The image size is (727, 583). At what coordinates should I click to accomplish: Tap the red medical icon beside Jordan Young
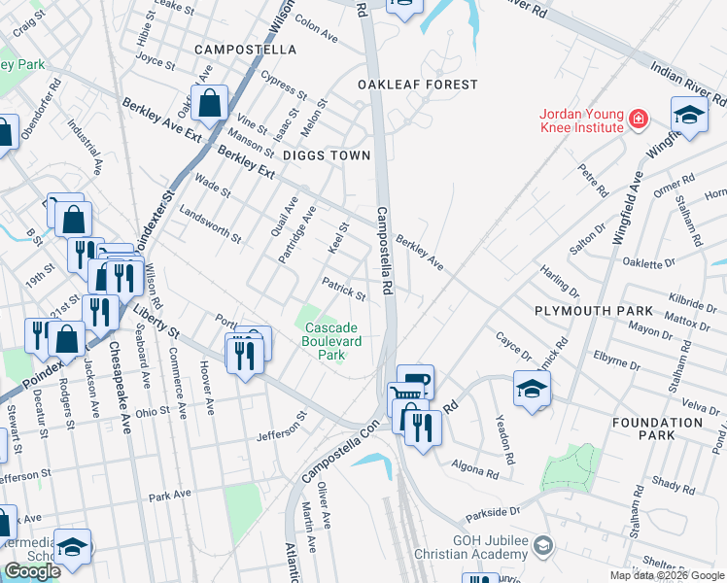(x=639, y=120)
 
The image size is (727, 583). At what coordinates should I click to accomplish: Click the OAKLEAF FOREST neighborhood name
(x=417, y=85)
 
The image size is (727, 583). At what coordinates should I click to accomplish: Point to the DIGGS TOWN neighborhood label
(x=327, y=155)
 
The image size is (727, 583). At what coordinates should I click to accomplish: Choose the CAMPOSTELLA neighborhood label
(x=245, y=49)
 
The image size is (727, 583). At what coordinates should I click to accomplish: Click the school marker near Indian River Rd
(x=689, y=117)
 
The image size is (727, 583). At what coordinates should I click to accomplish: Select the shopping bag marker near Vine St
(x=210, y=102)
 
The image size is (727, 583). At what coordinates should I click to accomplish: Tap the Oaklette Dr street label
(x=649, y=262)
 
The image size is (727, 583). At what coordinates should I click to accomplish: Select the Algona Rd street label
(x=475, y=469)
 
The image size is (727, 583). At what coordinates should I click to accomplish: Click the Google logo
(x=32, y=571)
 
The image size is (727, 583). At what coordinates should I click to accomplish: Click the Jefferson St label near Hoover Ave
(x=281, y=429)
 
